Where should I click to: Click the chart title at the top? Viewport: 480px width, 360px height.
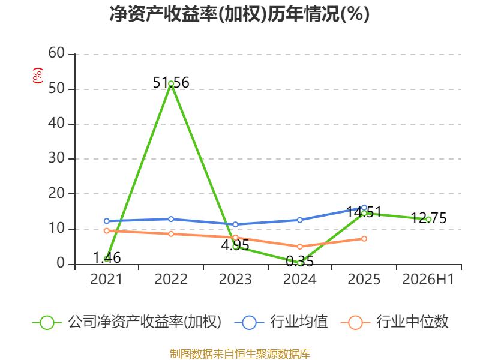click(x=239, y=14)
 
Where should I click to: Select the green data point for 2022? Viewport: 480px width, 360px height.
click(x=171, y=83)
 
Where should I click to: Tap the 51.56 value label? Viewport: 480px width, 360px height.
click(x=171, y=83)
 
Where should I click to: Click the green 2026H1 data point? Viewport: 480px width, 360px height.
click(x=428, y=220)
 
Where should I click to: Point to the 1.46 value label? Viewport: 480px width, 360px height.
click(x=107, y=258)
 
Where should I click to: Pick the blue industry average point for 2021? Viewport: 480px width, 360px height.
click(x=107, y=221)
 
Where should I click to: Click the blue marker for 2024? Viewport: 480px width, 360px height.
click(x=299, y=220)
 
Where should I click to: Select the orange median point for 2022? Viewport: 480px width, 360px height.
click(x=171, y=234)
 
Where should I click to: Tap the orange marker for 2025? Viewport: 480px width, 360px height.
click(x=364, y=239)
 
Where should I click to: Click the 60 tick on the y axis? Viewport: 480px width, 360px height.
click(x=56, y=53)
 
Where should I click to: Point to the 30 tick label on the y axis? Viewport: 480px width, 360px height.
click(x=56, y=158)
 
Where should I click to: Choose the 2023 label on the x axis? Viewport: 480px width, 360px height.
click(x=235, y=280)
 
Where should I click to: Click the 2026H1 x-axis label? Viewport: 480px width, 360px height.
click(x=428, y=280)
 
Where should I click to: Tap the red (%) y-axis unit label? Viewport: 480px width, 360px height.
click(x=38, y=76)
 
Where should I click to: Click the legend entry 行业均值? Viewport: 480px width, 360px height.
click(x=281, y=322)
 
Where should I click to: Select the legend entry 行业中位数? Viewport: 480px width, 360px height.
click(x=394, y=322)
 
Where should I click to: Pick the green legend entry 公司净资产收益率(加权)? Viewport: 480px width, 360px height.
click(x=127, y=322)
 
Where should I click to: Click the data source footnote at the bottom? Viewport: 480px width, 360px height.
click(x=240, y=354)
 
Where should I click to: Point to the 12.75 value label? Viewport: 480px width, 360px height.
click(x=428, y=218)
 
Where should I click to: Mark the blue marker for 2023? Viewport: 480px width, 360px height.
click(x=235, y=224)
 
